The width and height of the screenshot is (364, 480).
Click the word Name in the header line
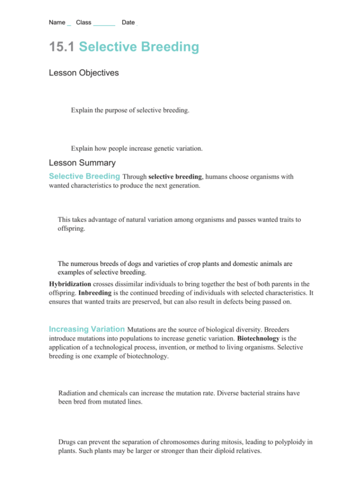point(57,23)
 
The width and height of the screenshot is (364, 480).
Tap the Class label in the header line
point(84,23)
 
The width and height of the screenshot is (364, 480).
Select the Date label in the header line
point(128,23)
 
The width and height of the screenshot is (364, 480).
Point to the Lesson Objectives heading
point(84,73)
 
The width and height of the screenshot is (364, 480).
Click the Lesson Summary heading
point(82,162)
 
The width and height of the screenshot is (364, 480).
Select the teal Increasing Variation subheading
point(87,329)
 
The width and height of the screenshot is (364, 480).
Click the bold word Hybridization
point(70,284)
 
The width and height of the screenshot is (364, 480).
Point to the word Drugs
point(68,441)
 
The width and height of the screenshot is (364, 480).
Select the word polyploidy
point(291,441)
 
